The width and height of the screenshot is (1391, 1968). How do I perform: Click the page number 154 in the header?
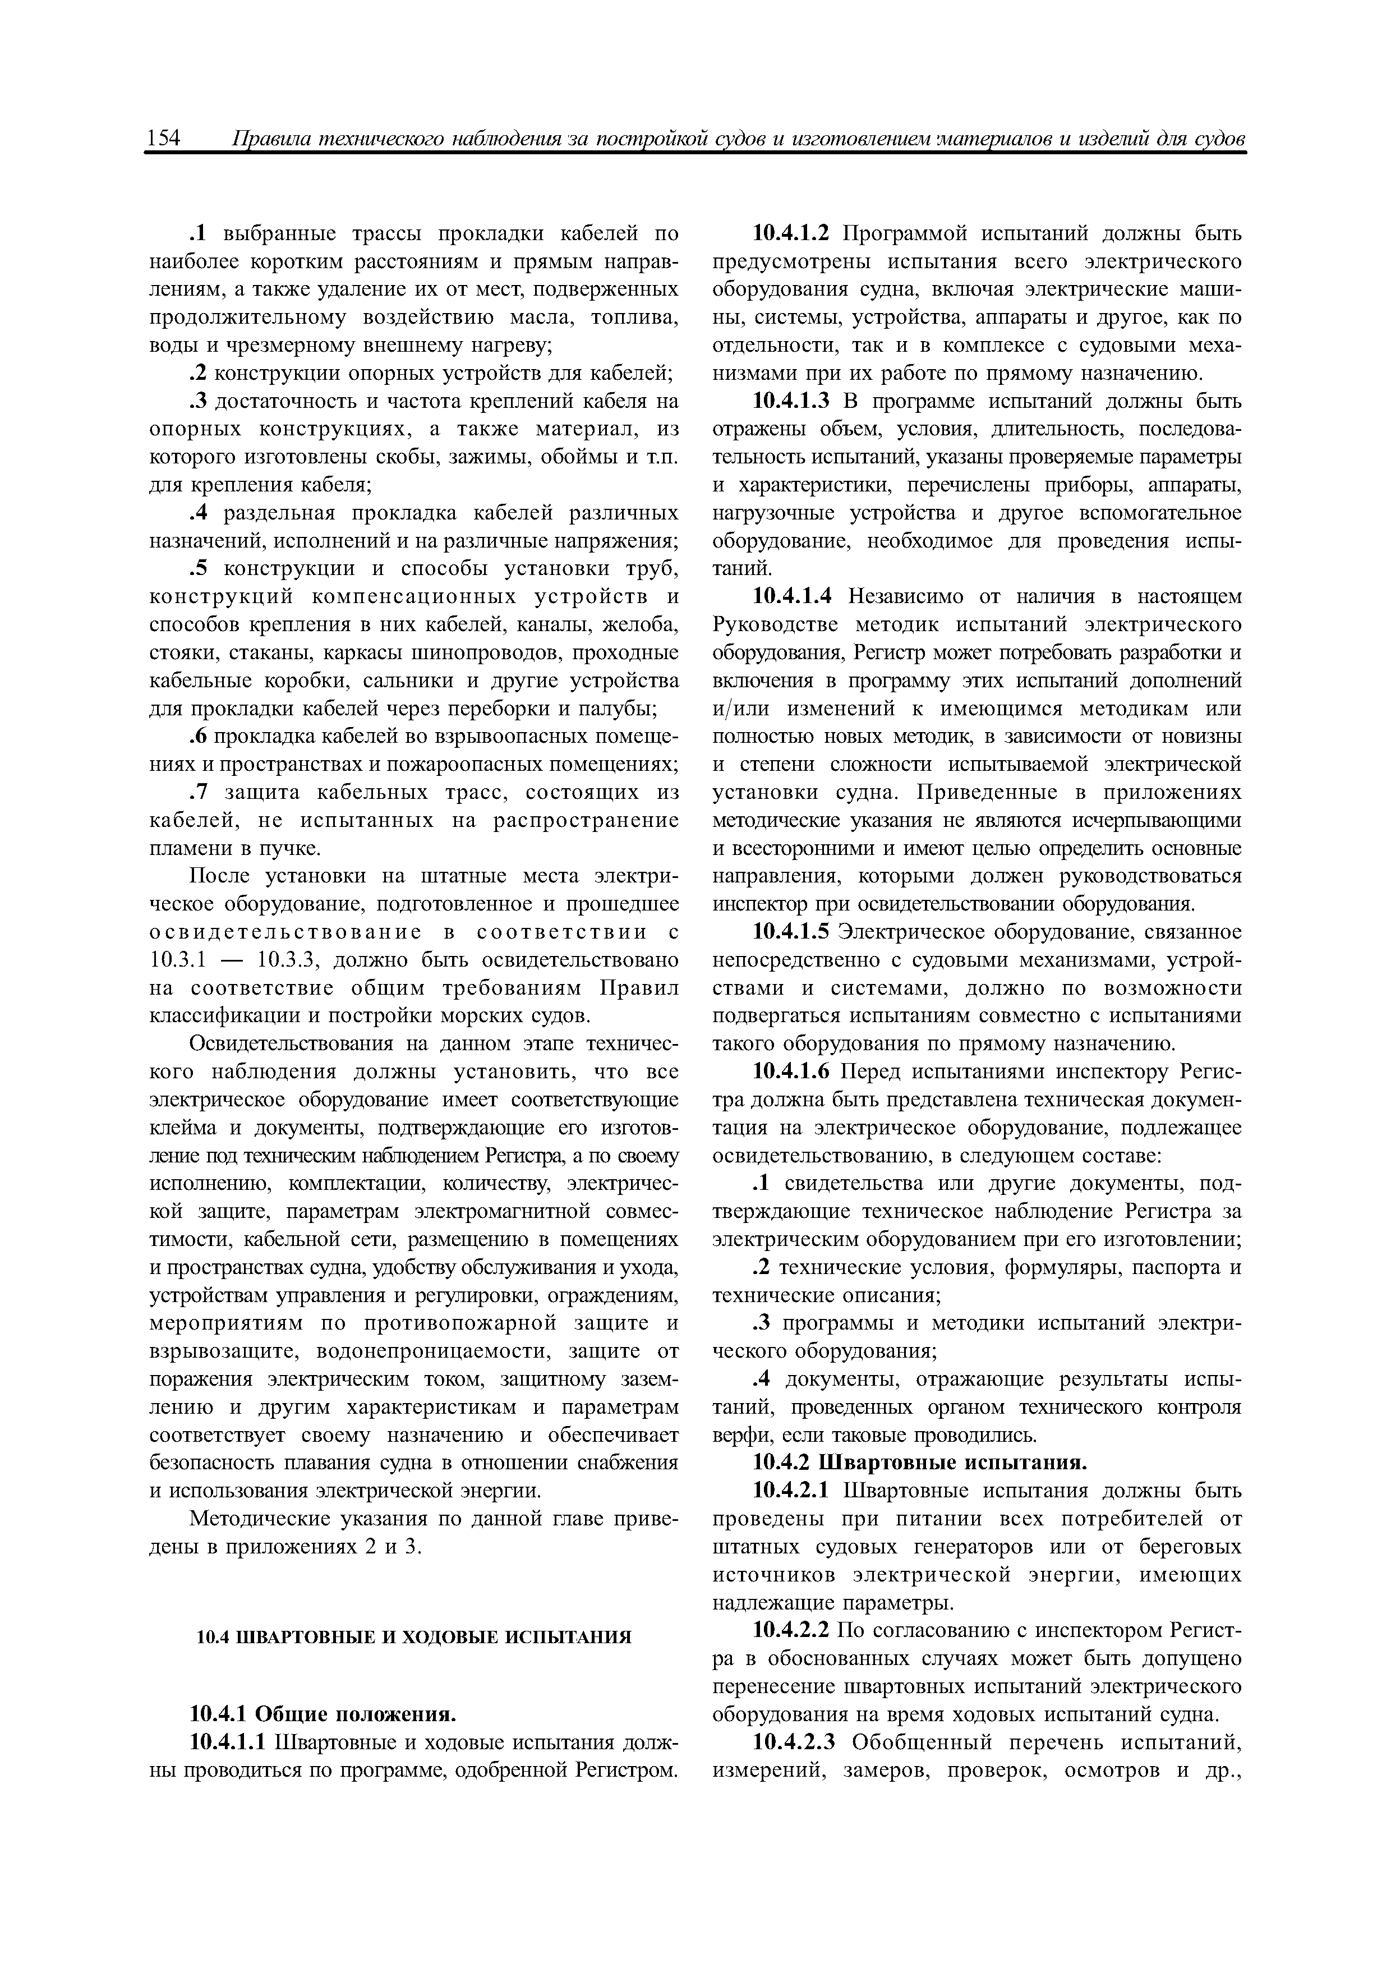[x=164, y=138]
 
